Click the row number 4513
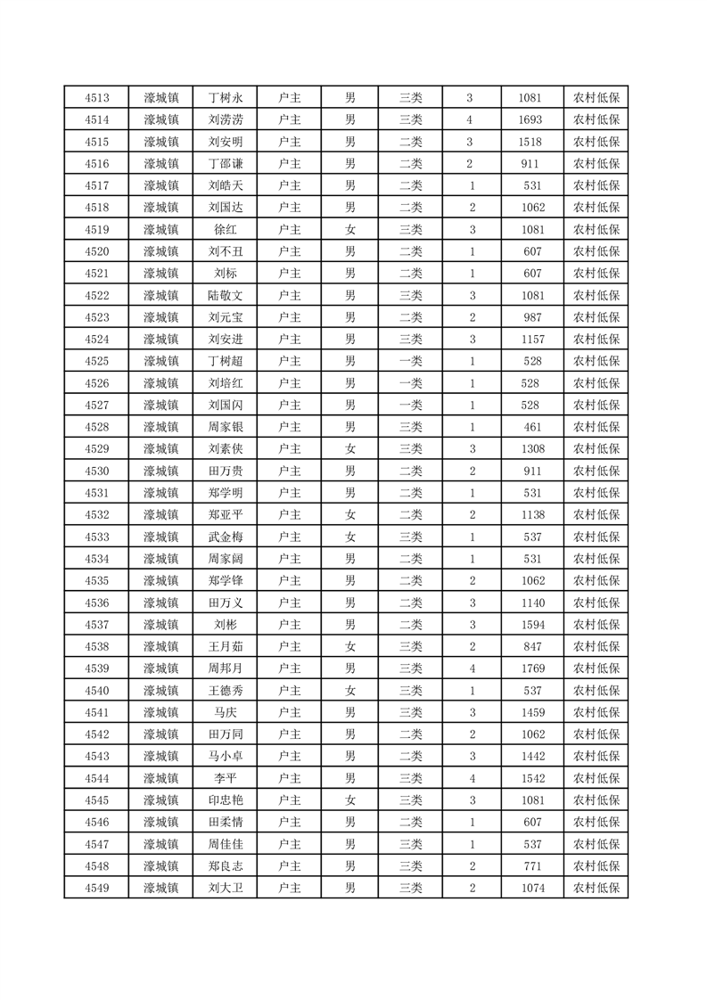pos(96,98)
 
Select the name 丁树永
pos(225,98)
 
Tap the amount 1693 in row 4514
pos(530,119)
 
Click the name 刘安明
pos(225,142)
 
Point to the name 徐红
pos(225,229)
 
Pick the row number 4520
pos(96,251)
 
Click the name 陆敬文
pos(225,295)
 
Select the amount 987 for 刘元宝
pos(530,317)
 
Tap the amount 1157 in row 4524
pos(530,339)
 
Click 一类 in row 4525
pos(410,361)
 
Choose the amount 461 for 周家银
pos(530,427)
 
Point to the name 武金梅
pos(225,537)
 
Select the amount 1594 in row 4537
pos(530,625)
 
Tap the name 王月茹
pos(225,646)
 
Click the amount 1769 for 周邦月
pos(530,668)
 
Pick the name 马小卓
pos(225,756)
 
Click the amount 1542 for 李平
pos(530,778)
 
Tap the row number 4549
pos(96,888)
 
